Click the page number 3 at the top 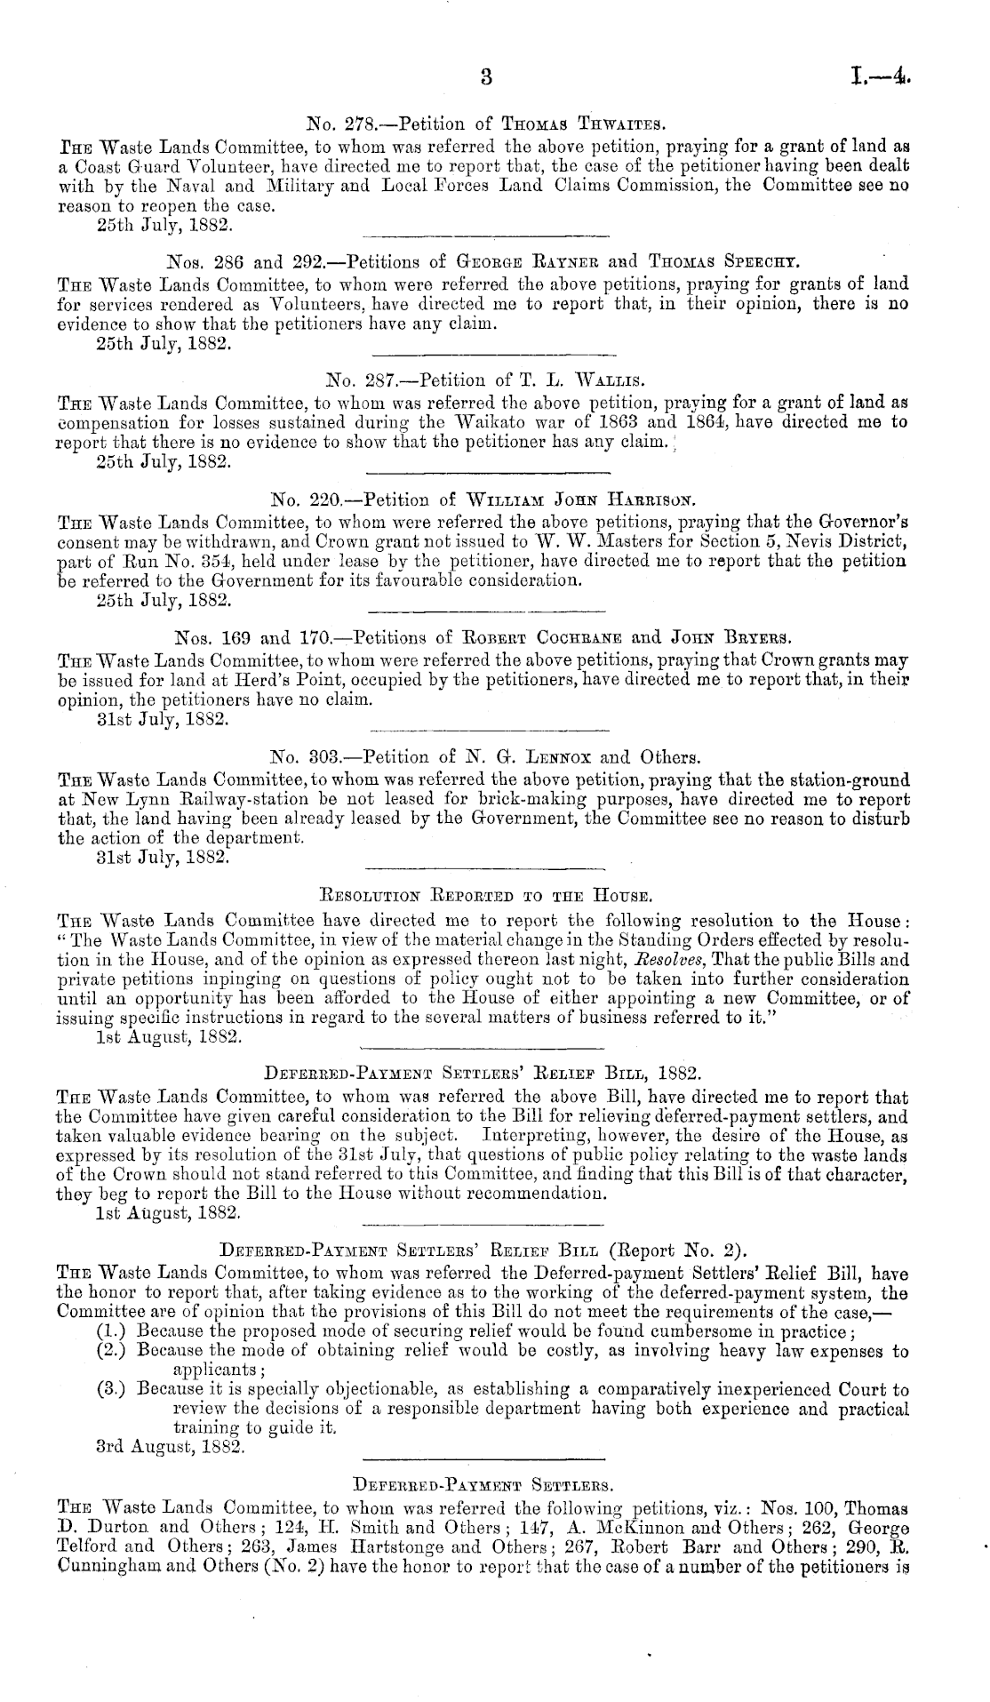485,76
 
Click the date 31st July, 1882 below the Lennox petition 165,857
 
